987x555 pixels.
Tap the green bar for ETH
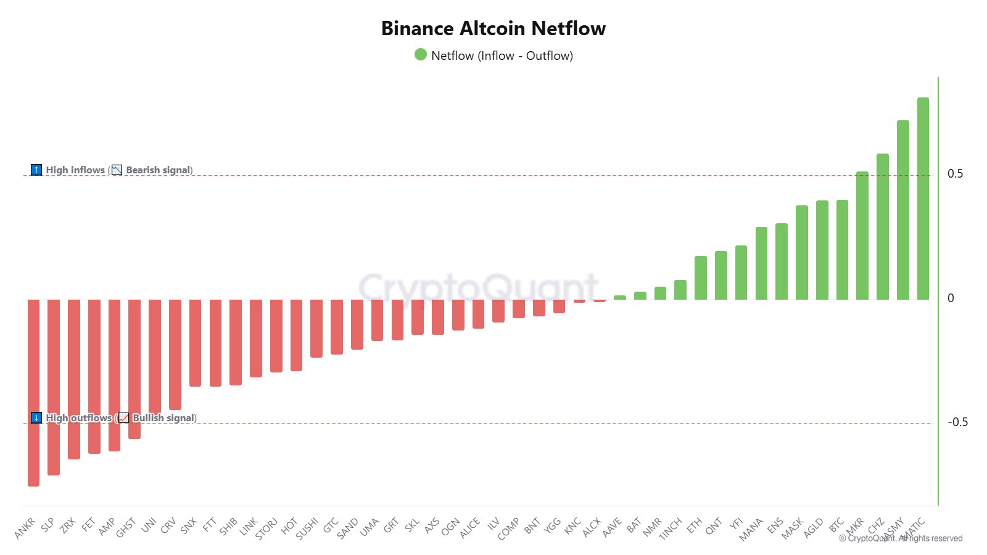coord(701,278)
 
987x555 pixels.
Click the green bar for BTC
coord(842,250)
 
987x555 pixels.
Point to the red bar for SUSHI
coord(316,329)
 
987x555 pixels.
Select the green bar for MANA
coord(761,263)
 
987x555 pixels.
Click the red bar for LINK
coord(256,339)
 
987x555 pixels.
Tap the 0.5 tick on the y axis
coord(955,174)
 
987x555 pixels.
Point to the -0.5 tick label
coord(957,422)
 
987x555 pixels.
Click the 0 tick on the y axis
coord(951,298)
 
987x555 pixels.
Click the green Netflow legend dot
coord(421,55)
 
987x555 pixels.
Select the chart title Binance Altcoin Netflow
coord(493,28)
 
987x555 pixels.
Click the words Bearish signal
coord(159,170)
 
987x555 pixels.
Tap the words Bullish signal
coord(164,418)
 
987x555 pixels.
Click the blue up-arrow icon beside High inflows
coord(36,170)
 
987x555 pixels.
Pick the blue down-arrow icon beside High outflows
coord(36,417)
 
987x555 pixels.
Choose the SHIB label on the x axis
coord(228,526)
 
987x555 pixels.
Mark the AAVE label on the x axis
coord(612,527)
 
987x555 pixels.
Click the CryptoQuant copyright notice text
coord(901,538)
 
